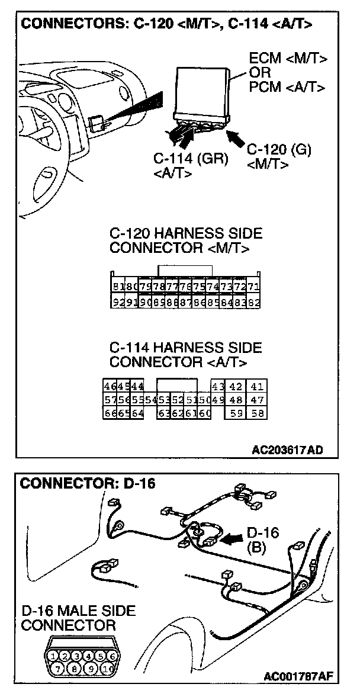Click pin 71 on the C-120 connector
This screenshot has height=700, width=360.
click(x=253, y=287)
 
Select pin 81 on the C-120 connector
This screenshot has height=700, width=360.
click(x=117, y=287)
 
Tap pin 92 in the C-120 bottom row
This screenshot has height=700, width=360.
click(x=117, y=302)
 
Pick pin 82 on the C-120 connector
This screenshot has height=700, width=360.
click(x=253, y=302)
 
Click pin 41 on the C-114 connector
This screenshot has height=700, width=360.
click(x=256, y=387)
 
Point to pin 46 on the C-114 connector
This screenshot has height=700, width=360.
click(x=110, y=387)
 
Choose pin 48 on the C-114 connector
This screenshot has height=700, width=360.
click(x=236, y=400)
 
